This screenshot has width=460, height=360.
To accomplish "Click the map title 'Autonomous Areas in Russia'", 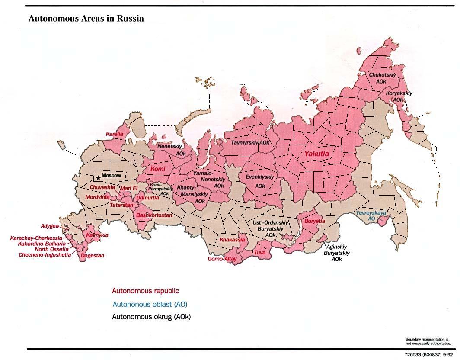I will coord(86,19).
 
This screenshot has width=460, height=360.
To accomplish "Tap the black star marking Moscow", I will coord(99,177).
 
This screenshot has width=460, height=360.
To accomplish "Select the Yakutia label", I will coord(316,154).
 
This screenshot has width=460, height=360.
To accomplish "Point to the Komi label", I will coord(158,169).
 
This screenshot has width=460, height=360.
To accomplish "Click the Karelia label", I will coord(115,134).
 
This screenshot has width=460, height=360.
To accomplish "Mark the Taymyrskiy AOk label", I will coord(250,142).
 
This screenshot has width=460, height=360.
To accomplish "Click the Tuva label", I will coord(260,252).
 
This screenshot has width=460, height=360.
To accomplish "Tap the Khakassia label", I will coord(232,240).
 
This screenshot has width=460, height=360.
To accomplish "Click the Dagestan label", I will coord(93,255).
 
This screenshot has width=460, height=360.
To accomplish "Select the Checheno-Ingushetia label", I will coord(45,255).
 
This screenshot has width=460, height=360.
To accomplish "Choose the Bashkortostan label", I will coord(154,215).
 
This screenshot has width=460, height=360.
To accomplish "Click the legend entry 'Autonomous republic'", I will coord(145,291).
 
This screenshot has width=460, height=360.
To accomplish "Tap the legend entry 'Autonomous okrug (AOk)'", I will coord(151,317).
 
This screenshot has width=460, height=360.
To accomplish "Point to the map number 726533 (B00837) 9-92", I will coord(428,354).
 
